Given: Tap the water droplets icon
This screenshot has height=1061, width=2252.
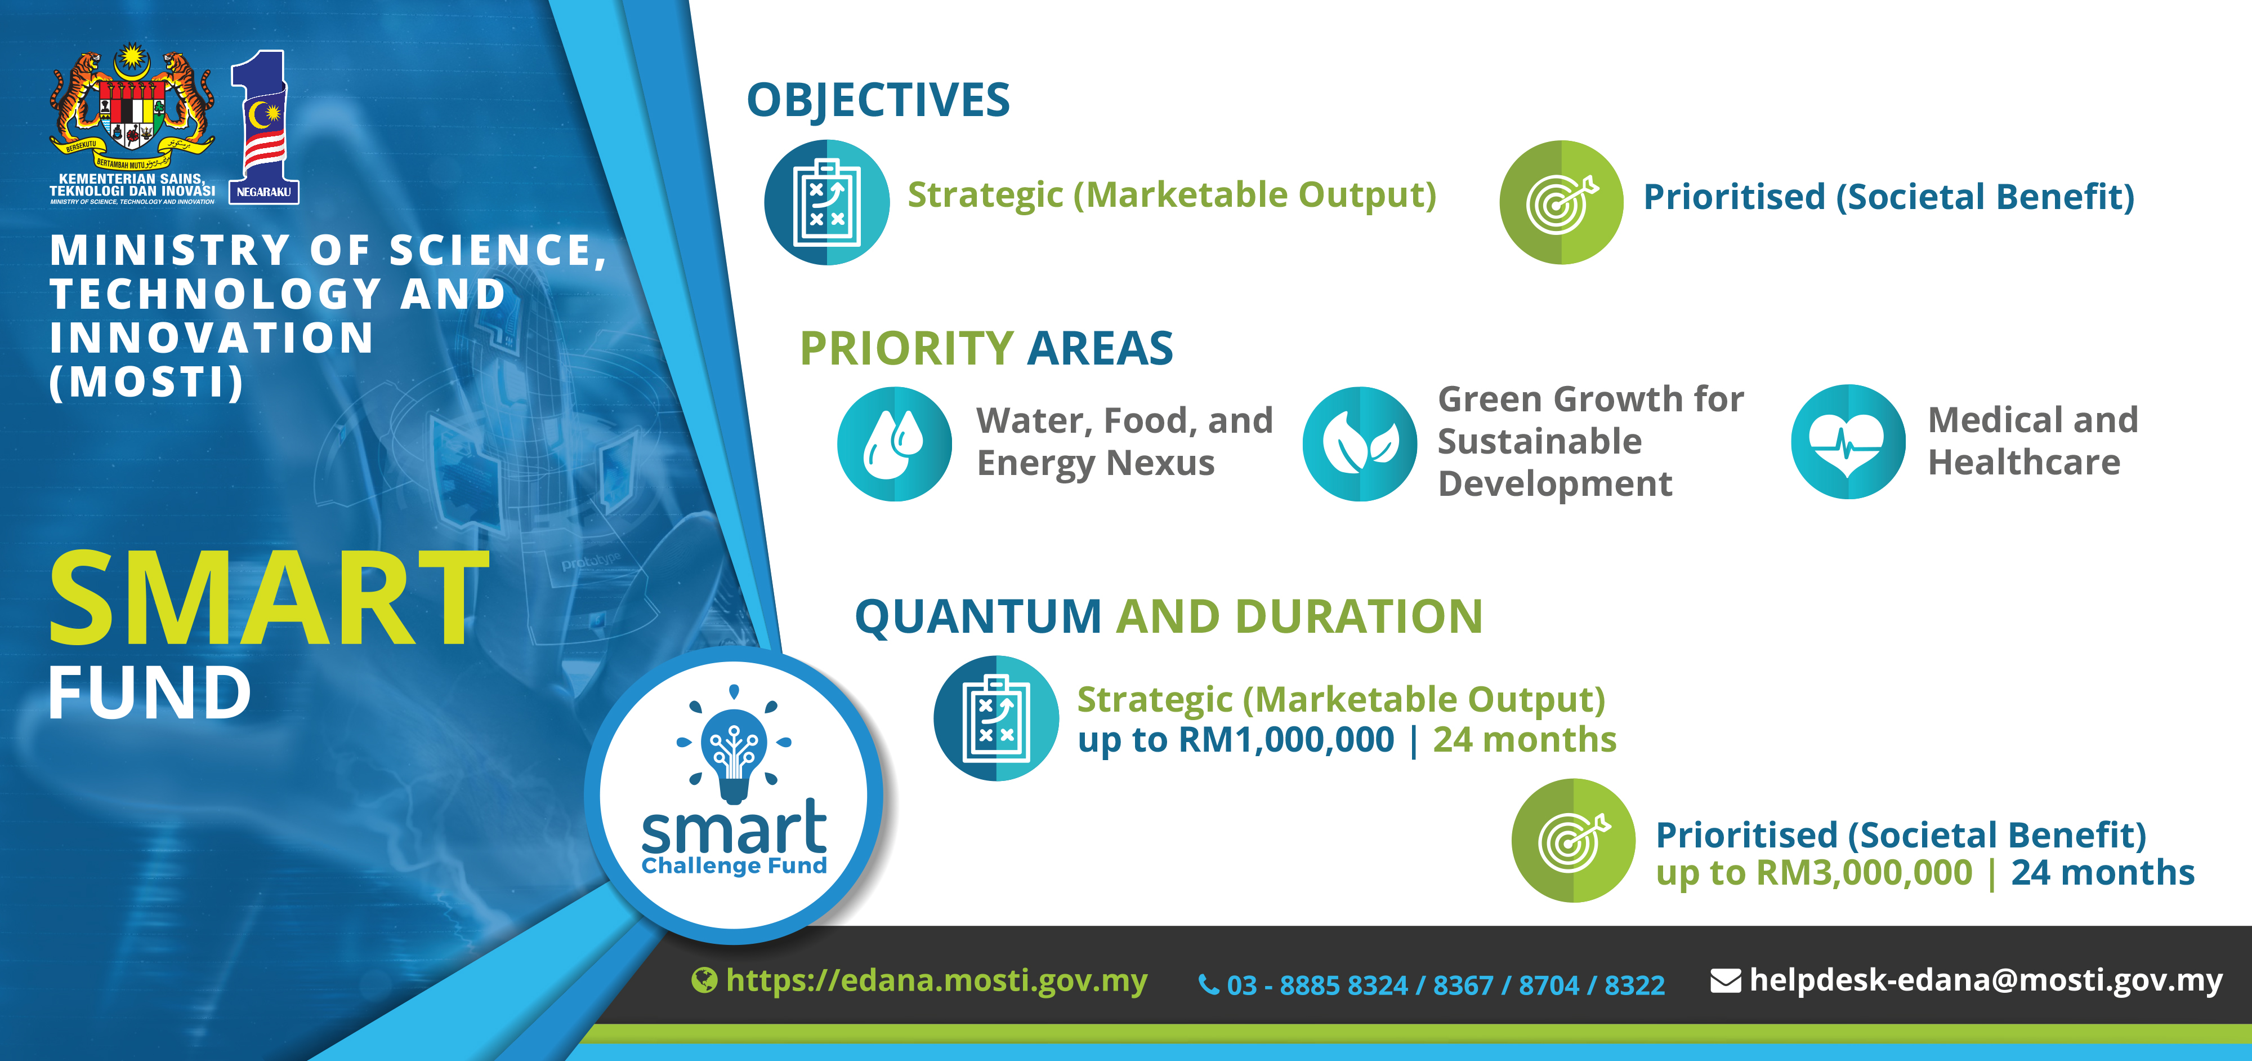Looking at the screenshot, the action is click(895, 443).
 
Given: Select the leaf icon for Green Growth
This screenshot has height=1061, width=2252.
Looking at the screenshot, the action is click(1360, 443).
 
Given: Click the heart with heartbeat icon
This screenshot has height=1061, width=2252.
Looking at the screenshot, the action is click(1847, 442).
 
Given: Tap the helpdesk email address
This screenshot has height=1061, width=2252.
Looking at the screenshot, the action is click(1985, 980).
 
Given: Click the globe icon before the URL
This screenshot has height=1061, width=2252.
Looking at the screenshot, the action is click(704, 980).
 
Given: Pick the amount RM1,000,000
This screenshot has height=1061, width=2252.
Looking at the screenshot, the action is click(1286, 740).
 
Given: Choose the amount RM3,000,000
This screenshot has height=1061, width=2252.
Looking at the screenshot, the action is click(1865, 873).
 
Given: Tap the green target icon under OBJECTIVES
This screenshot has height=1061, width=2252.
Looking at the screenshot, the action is click(1561, 202).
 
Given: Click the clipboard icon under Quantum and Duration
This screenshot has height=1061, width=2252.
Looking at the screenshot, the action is click(996, 718).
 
